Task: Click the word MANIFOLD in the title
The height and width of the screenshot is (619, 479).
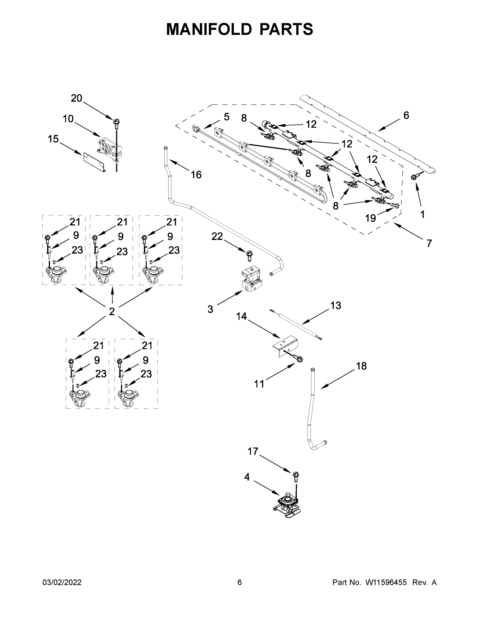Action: coord(209,29)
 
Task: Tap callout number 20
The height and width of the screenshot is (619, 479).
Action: coord(76,98)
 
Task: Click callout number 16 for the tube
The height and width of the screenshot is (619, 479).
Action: coord(196,175)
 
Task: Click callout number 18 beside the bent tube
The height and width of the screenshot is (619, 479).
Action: coord(361,366)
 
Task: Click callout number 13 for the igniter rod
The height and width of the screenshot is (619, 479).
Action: coord(336,306)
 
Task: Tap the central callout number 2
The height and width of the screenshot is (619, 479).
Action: coord(112,311)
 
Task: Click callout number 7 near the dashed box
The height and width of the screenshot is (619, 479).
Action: coord(429,243)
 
